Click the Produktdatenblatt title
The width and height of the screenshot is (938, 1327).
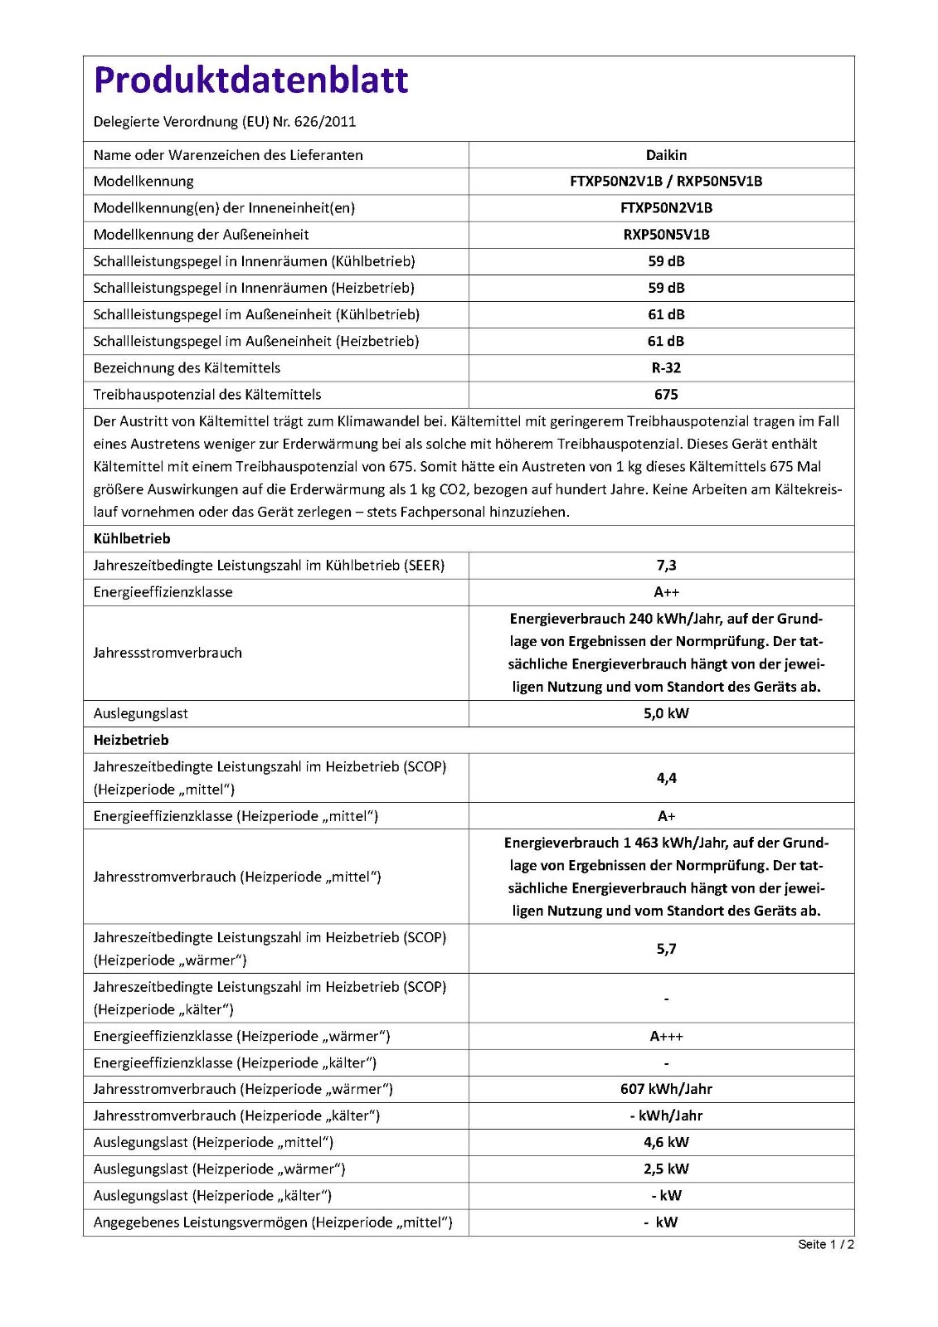click(x=250, y=80)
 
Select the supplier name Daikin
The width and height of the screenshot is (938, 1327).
click(x=666, y=155)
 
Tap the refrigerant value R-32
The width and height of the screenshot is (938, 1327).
click(x=666, y=368)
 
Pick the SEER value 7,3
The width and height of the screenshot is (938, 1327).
click(x=666, y=566)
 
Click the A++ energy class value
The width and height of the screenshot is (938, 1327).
click(x=666, y=592)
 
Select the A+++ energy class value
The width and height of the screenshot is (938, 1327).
click(x=666, y=1037)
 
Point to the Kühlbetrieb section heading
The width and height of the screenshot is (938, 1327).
click(x=132, y=539)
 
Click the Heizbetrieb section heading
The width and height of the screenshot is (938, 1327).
click(x=131, y=740)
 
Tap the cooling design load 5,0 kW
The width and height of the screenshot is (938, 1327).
click(x=666, y=713)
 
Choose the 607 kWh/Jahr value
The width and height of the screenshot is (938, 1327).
click(x=666, y=1090)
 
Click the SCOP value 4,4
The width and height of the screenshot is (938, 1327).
click(x=666, y=778)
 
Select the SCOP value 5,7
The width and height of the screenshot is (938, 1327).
click(x=666, y=949)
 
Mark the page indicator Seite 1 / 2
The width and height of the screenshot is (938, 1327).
click(x=825, y=1244)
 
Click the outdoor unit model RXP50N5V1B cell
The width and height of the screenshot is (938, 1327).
click(x=666, y=235)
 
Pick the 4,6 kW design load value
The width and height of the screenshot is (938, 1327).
click(x=666, y=1143)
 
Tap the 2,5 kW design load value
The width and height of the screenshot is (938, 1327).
click(x=666, y=1169)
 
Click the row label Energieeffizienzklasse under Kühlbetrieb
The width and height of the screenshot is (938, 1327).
click(x=163, y=592)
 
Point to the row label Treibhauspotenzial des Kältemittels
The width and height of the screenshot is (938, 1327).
click(x=207, y=395)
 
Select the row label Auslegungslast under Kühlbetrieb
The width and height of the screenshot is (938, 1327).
click(x=141, y=713)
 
